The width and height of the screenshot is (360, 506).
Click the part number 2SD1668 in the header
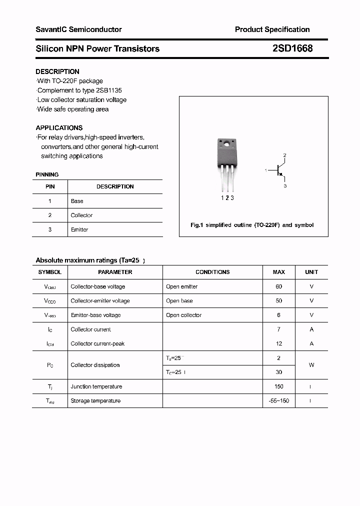(x=292, y=48)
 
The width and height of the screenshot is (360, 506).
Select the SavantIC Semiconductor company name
(x=78, y=29)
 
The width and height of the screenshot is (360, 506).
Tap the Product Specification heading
(x=272, y=29)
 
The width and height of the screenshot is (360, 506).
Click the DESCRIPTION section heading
(x=57, y=71)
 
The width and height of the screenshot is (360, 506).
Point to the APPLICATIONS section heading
(x=59, y=127)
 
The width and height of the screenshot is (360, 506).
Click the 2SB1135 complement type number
(x=108, y=90)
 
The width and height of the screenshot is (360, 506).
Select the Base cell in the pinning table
(x=77, y=201)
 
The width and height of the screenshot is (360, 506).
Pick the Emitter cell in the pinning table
(x=79, y=229)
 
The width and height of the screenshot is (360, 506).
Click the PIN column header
(x=50, y=186)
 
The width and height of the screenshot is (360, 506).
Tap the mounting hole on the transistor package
(x=226, y=145)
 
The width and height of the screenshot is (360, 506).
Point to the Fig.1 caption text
(x=252, y=225)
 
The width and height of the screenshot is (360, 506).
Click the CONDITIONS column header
(x=212, y=272)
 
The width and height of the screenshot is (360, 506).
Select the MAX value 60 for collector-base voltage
(x=278, y=286)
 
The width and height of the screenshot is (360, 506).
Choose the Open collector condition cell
(x=183, y=315)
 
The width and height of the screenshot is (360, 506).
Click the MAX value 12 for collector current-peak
(x=278, y=343)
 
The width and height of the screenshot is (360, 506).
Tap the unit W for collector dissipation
(x=311, y=365)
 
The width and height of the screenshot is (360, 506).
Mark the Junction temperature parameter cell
(x=96, y=386)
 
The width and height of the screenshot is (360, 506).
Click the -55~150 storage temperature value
(x=278, y=400)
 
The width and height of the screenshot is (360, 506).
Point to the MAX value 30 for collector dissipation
(x=278, y=372)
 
